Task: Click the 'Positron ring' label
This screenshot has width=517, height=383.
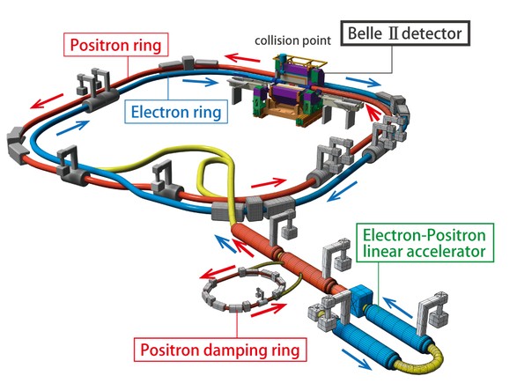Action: [115, 45]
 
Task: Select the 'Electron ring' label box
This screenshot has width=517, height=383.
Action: [176, 112]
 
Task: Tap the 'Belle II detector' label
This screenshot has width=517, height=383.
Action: [405, 33]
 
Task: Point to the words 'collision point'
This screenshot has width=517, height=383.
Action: [292, 41]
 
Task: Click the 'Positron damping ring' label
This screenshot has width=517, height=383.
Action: [220, 350]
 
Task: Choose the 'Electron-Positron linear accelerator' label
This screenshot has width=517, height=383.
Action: [425, 243]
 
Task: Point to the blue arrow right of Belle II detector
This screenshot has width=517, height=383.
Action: [363, 82]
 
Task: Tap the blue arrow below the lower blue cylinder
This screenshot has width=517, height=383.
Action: [357, 359]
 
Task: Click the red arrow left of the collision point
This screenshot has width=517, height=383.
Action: [243, 58]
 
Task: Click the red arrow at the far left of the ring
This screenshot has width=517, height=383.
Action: [47, 100]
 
